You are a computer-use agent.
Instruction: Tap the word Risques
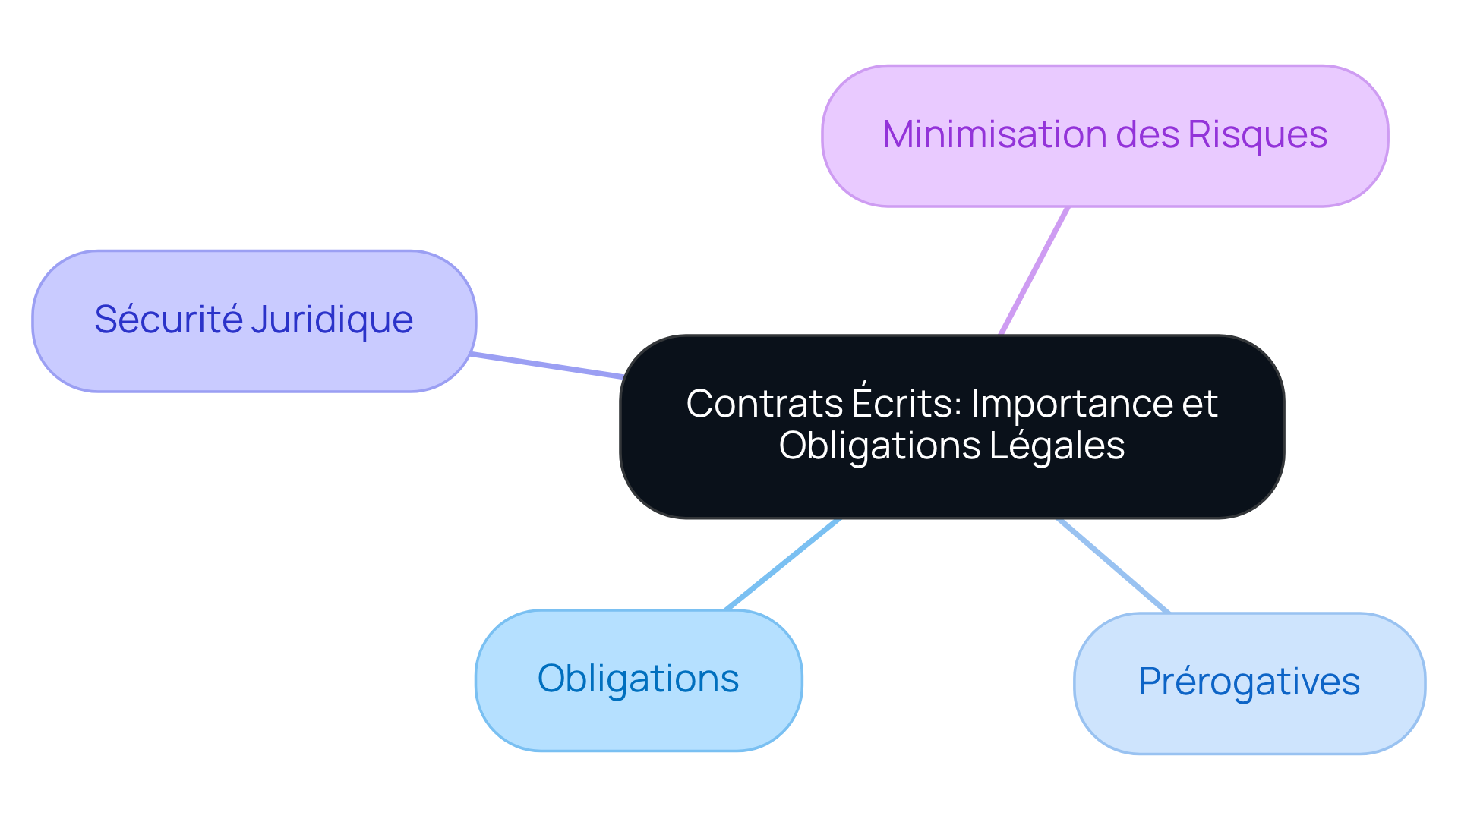tap(1257, 135)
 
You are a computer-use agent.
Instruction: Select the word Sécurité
tap(168, 320)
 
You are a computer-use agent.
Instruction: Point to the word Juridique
tap(332, 320)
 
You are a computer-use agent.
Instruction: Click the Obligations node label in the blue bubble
tap(638, 679)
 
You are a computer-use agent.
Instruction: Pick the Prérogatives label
tap(1248, 682)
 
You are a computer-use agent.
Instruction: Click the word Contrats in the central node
tap(764, 404)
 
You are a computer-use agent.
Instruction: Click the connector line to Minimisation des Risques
tap(1034, 270)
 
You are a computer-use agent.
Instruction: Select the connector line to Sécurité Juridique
tap(547, 366)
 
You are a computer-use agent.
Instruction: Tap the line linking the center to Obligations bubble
tap(782, 564)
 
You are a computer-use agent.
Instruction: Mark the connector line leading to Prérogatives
tap(1112, 565)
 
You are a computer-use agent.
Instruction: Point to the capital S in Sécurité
tap(106, 320)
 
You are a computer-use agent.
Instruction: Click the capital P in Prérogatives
tap(1149, 681)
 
